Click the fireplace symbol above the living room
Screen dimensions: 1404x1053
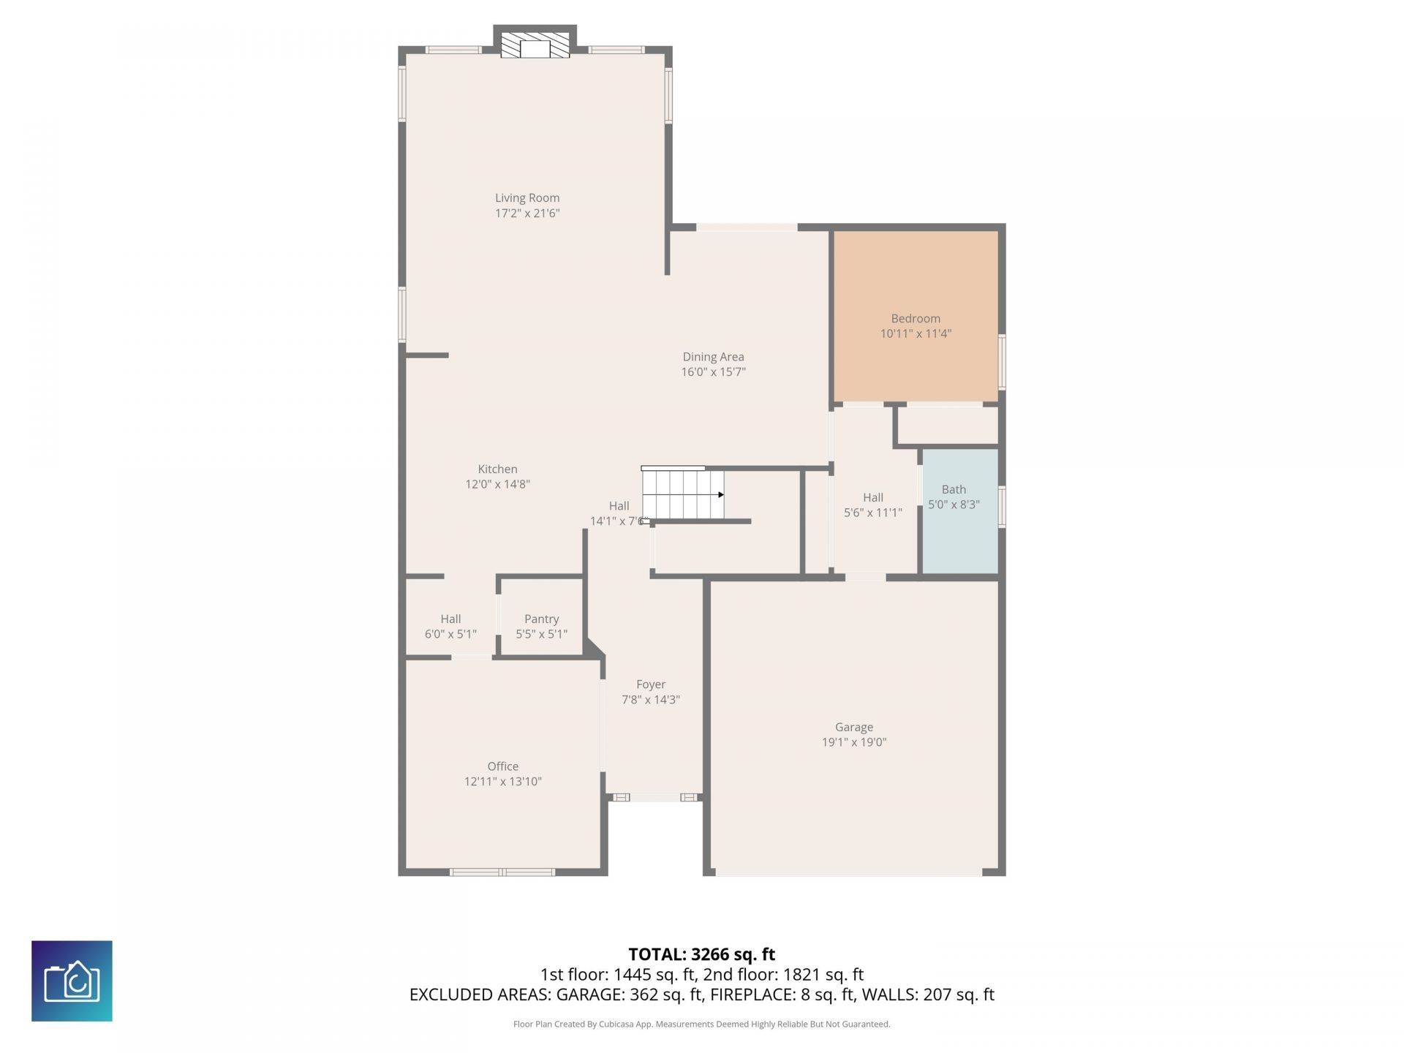click(x=535, y=44)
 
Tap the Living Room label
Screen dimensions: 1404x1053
click(x=527, y=197)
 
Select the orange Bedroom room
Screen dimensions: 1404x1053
click(x=916, y=316)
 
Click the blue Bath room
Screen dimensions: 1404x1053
click(x=960, y=511)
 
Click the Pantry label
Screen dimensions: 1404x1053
click(x=542, y=619)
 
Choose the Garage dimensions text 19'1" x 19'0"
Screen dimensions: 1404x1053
click(x=854, y=742)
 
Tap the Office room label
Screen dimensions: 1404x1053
click(x=503, y=766)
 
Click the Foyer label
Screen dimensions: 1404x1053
click(x=651, y=684)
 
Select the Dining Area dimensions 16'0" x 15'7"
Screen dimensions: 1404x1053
click(x=714, y=371)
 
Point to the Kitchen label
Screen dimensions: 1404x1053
click(x=498, y=469)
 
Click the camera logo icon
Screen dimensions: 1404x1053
click(x=72, y=981)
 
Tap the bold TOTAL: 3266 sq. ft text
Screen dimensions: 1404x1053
click(x=702, y=954)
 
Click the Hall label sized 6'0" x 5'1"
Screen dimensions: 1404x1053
click(x=450, y=619)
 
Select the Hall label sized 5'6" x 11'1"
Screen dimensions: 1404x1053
click(x=873, y=497)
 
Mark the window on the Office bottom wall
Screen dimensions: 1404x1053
click(x=502, y=872)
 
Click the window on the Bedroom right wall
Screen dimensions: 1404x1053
click(x=1003, y=362)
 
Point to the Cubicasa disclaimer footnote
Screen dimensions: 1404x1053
click(x=702, y=1024)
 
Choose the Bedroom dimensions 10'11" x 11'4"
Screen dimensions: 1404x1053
click(x=916, y=333)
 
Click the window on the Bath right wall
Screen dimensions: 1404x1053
click(x=1003, y=506)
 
